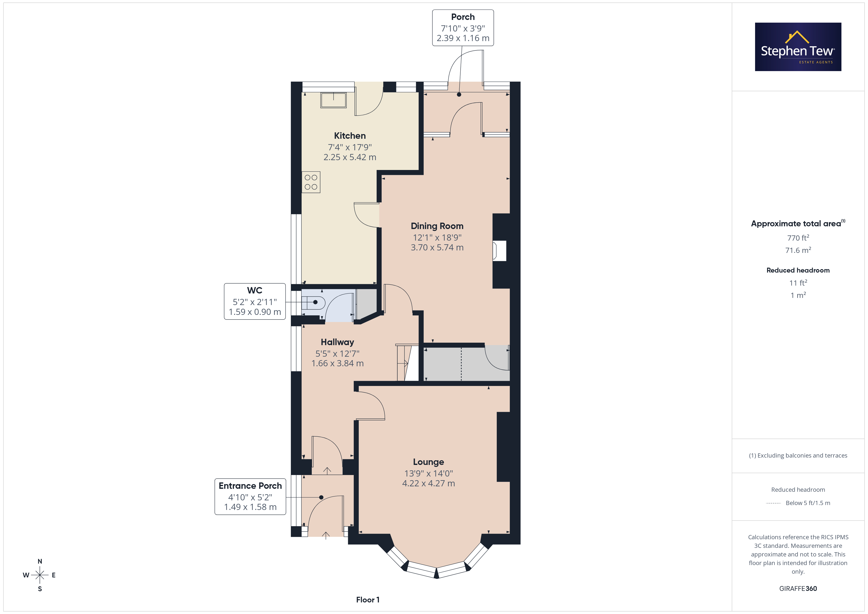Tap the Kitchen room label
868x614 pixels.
click(x=350, y=136)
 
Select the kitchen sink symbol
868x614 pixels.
click(x=333, y=100)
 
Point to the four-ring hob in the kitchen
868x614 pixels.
click(x=311, y=182)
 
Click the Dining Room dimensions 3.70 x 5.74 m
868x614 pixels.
click(x=437, y=247)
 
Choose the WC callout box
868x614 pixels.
click(x=255, y=301)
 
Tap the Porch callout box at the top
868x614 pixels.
click(x=463, y=28)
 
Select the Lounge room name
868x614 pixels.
click(x=428, y=462)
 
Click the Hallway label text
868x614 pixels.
click(x=337, y=342)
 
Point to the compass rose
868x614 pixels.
click(x=40, y=575)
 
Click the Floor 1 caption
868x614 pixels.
click(x=368, y=600)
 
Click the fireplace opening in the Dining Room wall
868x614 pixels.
click(x=499, y=251)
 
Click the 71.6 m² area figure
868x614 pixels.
click(x=798, y=250)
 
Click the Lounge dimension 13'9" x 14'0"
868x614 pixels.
click(x=428, y=473)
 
